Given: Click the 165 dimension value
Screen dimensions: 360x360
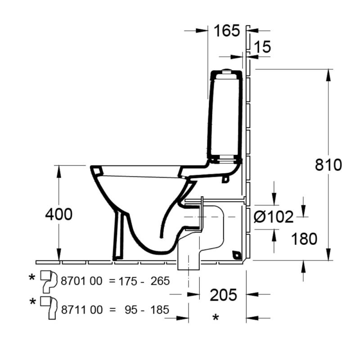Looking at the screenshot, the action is pyautogui.click(x=227, y=31).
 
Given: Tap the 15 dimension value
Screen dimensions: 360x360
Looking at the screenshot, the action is pyautogui.click(x=263, y=47).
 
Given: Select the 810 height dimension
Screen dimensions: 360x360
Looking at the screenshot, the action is pyautogui.click(x=328, y=165).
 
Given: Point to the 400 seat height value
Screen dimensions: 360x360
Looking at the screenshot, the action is pyautogui.click(x=59, y=215).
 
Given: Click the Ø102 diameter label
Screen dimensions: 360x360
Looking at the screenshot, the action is pyautogui.click(x=274, y=217).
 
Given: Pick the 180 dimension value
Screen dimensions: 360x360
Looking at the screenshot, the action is pyautogui.click(x=304, y=239).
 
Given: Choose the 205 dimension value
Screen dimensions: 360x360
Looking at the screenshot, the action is pyautogui.click(x=223, y=295).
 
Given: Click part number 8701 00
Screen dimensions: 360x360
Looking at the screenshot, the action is pyautogui.click(x=81, y=281).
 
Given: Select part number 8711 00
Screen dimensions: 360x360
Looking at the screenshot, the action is pyautogui.click(x=82, y=310).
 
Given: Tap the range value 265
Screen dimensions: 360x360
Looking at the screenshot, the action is pyautogui.click(x=160, y=281).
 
